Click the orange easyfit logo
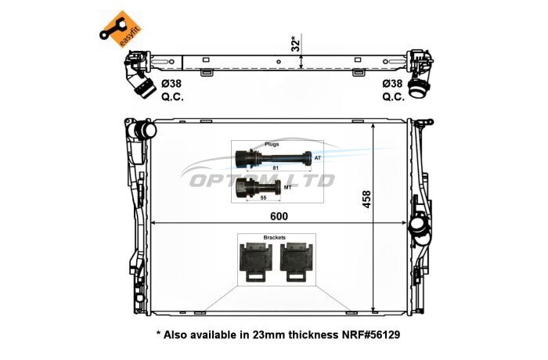(119, 30)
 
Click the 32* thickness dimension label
(296, 43)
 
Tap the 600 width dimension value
(279, 216)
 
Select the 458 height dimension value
(366, 200)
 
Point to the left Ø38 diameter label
(171, 84)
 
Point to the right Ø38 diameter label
(392, 84)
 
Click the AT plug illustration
(273, 157)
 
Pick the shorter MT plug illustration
(258, 188)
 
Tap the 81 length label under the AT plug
(276, 167)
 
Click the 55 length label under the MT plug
(264, 198)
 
